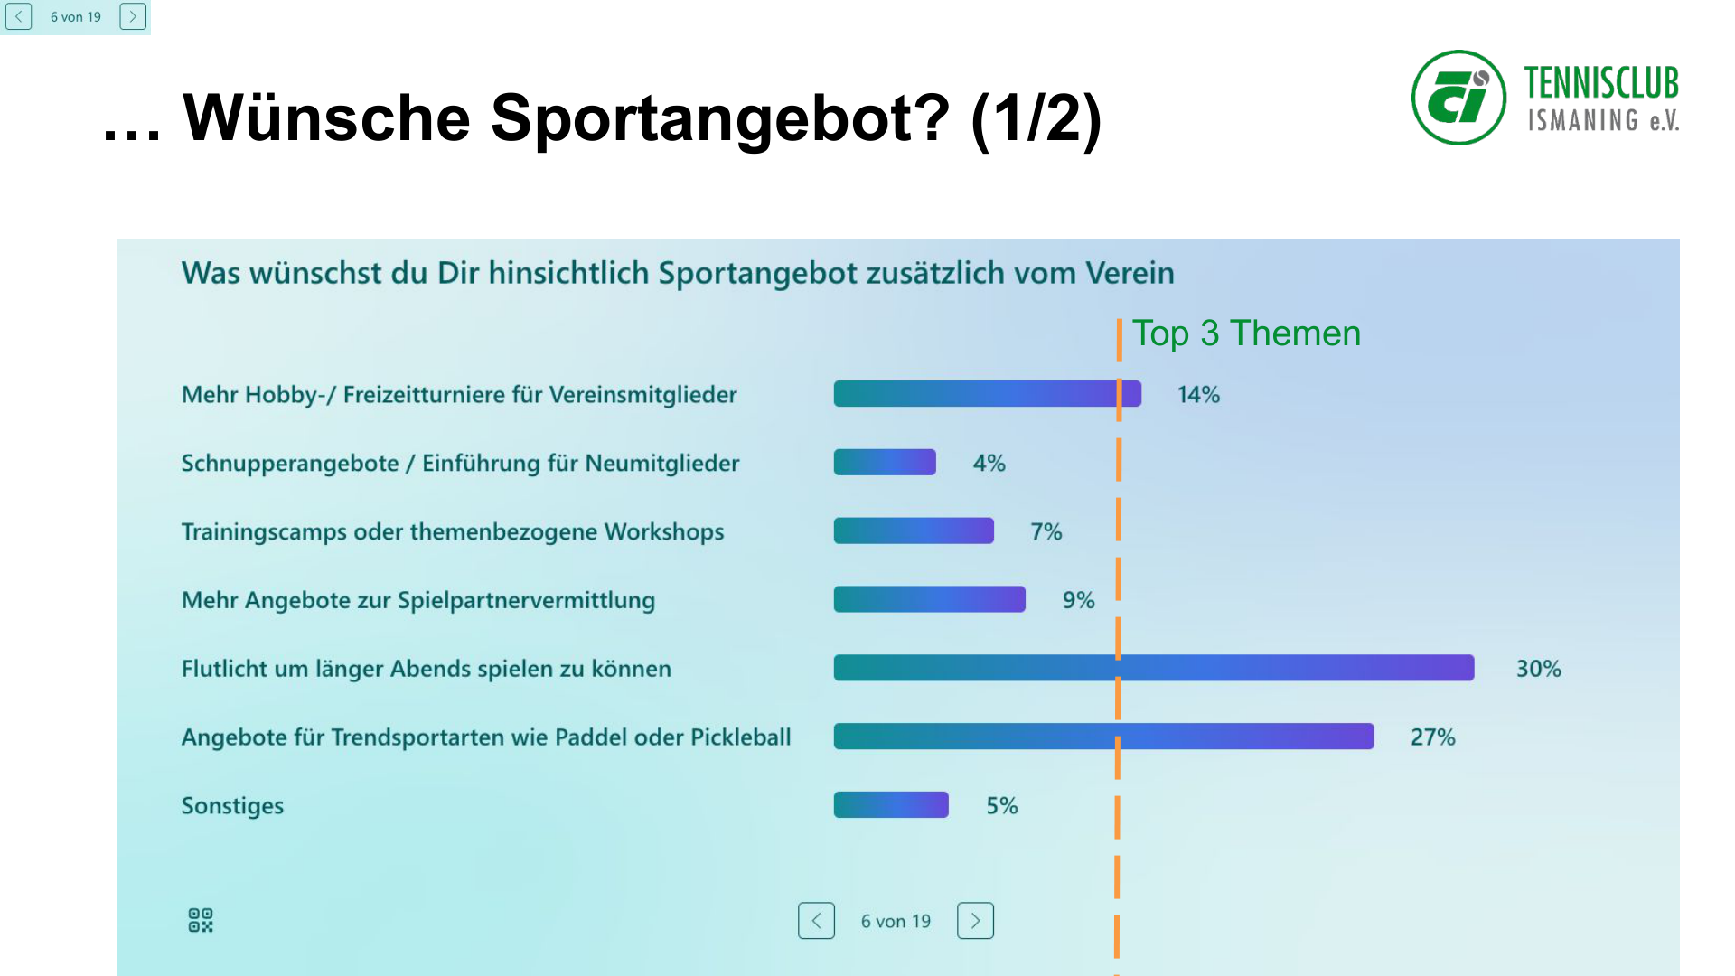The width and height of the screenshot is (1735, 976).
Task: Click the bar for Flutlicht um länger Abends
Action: (1153, 668)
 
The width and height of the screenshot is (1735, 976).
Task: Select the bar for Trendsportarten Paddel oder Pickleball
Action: (1102, 737)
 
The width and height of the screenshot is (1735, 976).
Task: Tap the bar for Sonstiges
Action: (890, 805)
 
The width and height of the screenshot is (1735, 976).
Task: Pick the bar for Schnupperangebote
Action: (884, 463)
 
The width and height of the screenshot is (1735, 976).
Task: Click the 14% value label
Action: (1198, 395)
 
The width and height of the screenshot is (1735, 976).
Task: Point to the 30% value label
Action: (1538, 669)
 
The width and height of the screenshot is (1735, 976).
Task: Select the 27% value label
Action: (1432, 737)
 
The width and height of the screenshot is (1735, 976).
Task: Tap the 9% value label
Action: (1078, 600)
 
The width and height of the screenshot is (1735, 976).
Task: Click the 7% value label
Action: (1046, 531)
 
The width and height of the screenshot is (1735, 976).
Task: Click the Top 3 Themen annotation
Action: (1245, 333)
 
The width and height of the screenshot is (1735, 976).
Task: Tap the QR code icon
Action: (201, 920)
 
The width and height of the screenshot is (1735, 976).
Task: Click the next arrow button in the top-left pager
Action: (133, 16)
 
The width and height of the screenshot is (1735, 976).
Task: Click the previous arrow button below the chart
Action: (816, 921)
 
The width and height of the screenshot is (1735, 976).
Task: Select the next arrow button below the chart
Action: (975, 921)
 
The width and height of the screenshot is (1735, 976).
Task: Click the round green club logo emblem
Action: (1458, 98)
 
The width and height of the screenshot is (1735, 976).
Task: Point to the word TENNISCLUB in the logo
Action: (1600, 83)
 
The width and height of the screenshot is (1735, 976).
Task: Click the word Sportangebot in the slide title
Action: (719, 118)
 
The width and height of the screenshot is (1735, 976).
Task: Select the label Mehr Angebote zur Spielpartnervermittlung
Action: (417, 600)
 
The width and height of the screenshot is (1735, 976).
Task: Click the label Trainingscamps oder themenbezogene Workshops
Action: (452, 531)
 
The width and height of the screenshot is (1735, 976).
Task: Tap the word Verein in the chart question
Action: (1129, 273)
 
